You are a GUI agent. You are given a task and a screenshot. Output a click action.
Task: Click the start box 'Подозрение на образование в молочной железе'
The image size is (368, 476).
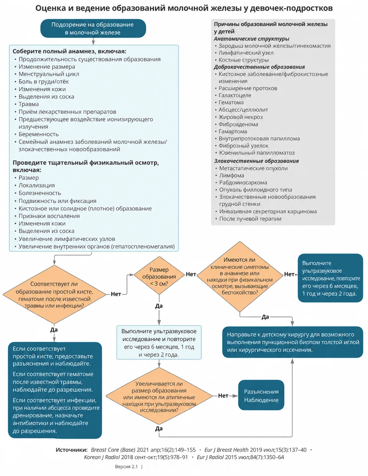[93, 28]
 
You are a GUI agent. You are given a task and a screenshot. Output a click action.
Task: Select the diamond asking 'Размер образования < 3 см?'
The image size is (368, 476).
[159, 276]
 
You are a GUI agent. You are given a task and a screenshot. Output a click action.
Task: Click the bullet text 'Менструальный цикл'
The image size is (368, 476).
[49, 74]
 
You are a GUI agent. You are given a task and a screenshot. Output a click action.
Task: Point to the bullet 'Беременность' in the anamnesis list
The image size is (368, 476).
[38, 134]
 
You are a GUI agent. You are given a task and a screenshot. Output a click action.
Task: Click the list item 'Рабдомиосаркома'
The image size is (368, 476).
[243, 183]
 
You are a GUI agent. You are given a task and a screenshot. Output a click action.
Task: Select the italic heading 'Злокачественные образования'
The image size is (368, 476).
[256, 161]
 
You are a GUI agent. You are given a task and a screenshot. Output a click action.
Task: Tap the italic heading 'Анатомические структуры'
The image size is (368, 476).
[252, 39]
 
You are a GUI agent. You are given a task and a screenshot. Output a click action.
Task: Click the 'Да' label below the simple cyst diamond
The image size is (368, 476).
[54, 330]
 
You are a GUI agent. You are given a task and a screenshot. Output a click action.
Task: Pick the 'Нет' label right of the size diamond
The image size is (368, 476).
[191, 274]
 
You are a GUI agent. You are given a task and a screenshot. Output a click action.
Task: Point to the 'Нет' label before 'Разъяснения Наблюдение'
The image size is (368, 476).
[223, 396]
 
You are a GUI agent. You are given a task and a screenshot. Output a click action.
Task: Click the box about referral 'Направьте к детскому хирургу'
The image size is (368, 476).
[293, 342]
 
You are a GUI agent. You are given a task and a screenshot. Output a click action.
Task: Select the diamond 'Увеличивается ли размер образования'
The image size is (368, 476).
[159, 396]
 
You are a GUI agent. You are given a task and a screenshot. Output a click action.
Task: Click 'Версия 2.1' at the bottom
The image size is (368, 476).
[126, 467]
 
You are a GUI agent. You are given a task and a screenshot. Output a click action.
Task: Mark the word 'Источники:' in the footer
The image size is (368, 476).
[72, 450]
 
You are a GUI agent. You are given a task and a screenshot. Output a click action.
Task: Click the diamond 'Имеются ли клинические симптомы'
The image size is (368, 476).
[240, 276]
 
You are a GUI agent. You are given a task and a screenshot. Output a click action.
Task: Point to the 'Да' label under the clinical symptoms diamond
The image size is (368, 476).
[265, 317]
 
